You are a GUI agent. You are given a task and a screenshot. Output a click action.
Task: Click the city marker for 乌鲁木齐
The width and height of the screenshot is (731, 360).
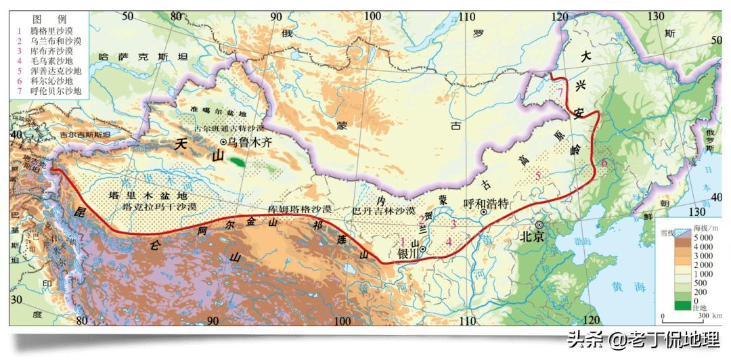tap(223, 142)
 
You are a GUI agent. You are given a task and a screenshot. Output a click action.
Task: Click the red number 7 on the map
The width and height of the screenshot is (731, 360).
tap(560, 92)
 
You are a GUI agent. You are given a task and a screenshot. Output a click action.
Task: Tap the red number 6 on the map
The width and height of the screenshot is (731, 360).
tap(604, 163)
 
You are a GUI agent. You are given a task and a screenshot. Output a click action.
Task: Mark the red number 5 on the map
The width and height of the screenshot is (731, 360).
tap(538, 177)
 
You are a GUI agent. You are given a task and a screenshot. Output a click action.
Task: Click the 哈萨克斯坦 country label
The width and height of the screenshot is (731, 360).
tap(142, 58)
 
